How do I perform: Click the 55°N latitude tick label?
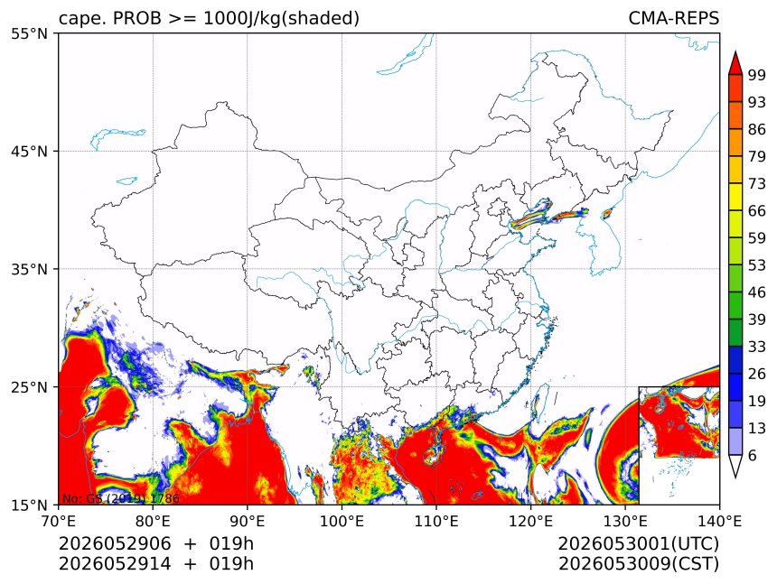[x=29, y=34]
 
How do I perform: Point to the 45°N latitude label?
[x=29, y=152]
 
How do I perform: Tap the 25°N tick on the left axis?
[x=29, y=387]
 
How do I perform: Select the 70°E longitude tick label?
[x=59, y=521]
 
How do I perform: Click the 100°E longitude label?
[x=342, y=521]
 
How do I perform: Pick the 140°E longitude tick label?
[x=719, y=521]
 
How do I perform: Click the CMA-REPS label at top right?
[x=673, y=18]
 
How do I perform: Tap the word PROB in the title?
[x=137, y=18]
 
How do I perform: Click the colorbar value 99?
[x=757, y=75]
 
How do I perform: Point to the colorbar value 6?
[x=753, y=455]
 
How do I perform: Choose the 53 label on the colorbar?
[x=757, y=265]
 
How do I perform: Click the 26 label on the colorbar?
[x=757, y=374]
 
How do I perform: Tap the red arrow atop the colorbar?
[x=735, y=63]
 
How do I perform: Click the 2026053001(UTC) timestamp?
[x=639, y=544]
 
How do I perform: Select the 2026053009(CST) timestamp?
[x=639, y=564]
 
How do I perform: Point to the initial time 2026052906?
[x=115, y=543]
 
